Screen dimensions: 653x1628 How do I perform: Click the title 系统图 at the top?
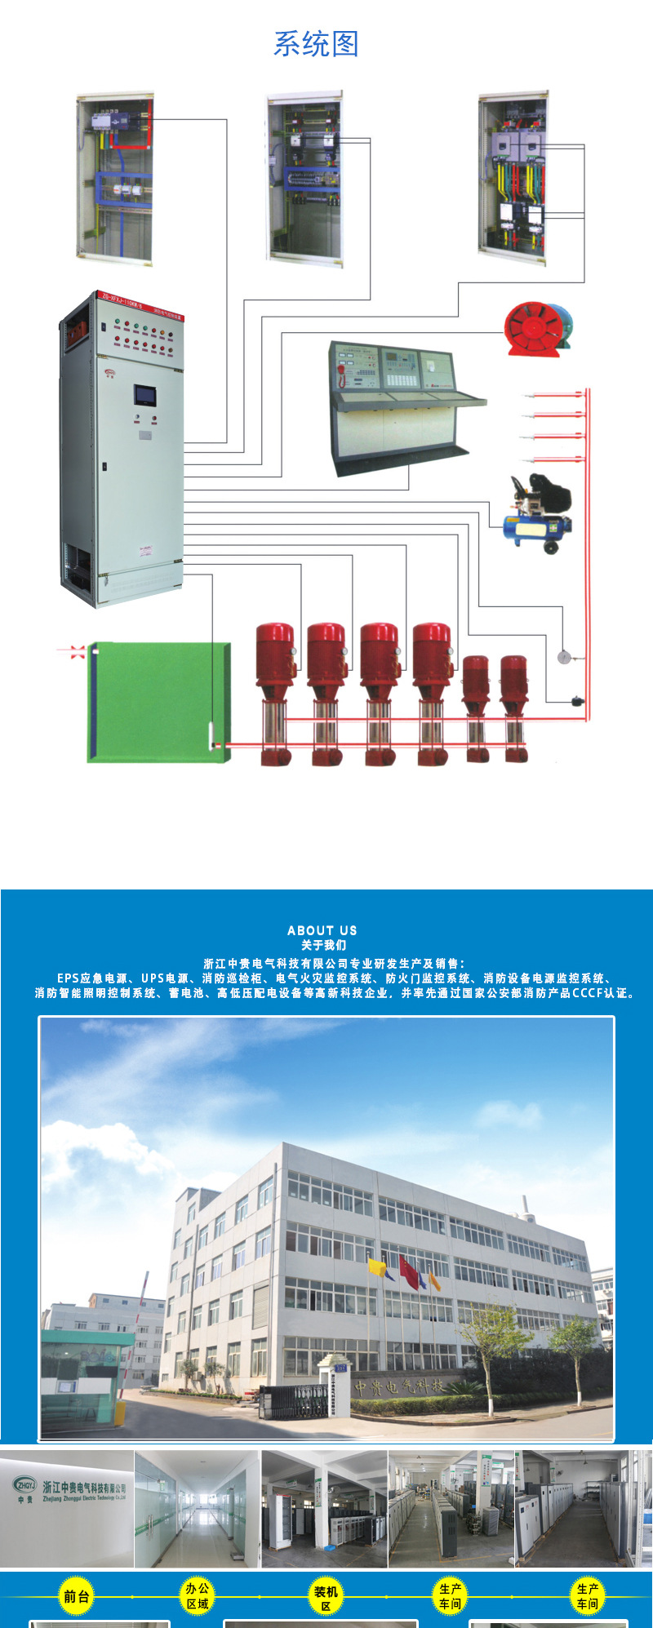click(x=316, y=44)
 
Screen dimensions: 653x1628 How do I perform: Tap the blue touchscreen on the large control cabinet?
click(x=144, y=395)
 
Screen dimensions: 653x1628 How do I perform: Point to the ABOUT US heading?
click(x=322, y=930)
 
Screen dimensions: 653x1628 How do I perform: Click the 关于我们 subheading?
click(x=323, y=945)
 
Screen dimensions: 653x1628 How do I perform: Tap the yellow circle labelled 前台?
click(x=77, y=1597)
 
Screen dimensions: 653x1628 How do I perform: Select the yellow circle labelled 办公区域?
click(x=197, y=1596)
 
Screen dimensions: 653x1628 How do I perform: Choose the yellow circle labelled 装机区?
click(x=325, y=1598)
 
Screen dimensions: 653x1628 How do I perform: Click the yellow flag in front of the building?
click(x=377, y=1267)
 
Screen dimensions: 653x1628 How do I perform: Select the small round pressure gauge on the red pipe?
click(x=563, y=656)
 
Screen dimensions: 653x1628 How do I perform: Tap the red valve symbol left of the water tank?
click(x=78, y=650)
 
